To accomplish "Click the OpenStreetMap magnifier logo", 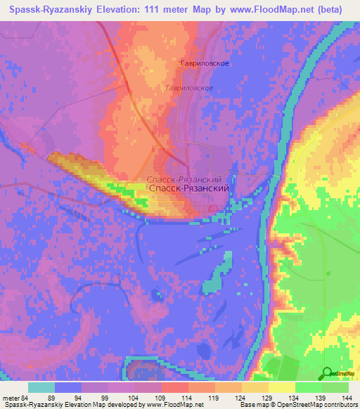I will pos(328,374).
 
